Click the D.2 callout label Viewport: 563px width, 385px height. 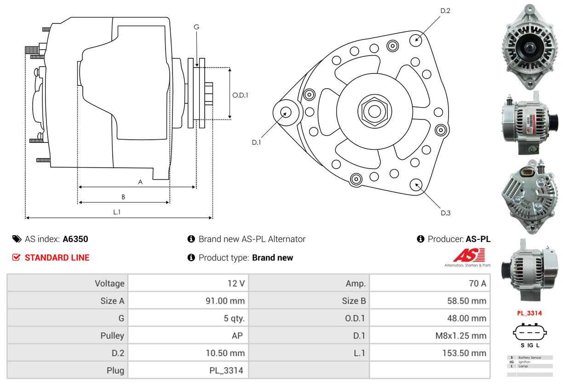tap(445, 11)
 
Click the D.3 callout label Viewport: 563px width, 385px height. tap(445, 213)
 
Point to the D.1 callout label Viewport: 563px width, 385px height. tap(256, 142)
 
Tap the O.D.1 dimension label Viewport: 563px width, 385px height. tap(240, 96)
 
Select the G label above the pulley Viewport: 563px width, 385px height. tap(196, 27)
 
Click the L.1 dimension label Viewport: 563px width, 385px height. tap(117, 212)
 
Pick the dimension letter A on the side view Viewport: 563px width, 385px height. tap(140, 182)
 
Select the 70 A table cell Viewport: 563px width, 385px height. tap(477, 283)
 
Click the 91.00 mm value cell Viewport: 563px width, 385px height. tap(225, 301)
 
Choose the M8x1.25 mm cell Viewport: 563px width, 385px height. tap(460, 335)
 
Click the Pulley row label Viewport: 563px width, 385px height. tap(112, 335)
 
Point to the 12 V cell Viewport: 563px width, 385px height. tap(236, 283)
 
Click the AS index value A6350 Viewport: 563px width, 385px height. tap(75, 239)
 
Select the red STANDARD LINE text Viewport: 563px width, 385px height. tap(57, 258)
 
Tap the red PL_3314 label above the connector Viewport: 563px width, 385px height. tap(529, 313)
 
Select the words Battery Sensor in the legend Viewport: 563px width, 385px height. tap(529, 357)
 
